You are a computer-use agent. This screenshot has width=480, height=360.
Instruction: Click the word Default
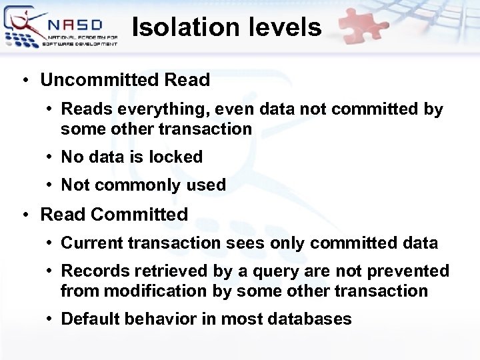[x=87, y=319]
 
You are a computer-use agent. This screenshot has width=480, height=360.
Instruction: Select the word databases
[x=309, y=319]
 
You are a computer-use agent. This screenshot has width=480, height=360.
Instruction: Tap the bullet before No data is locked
[x=51, y=157]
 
